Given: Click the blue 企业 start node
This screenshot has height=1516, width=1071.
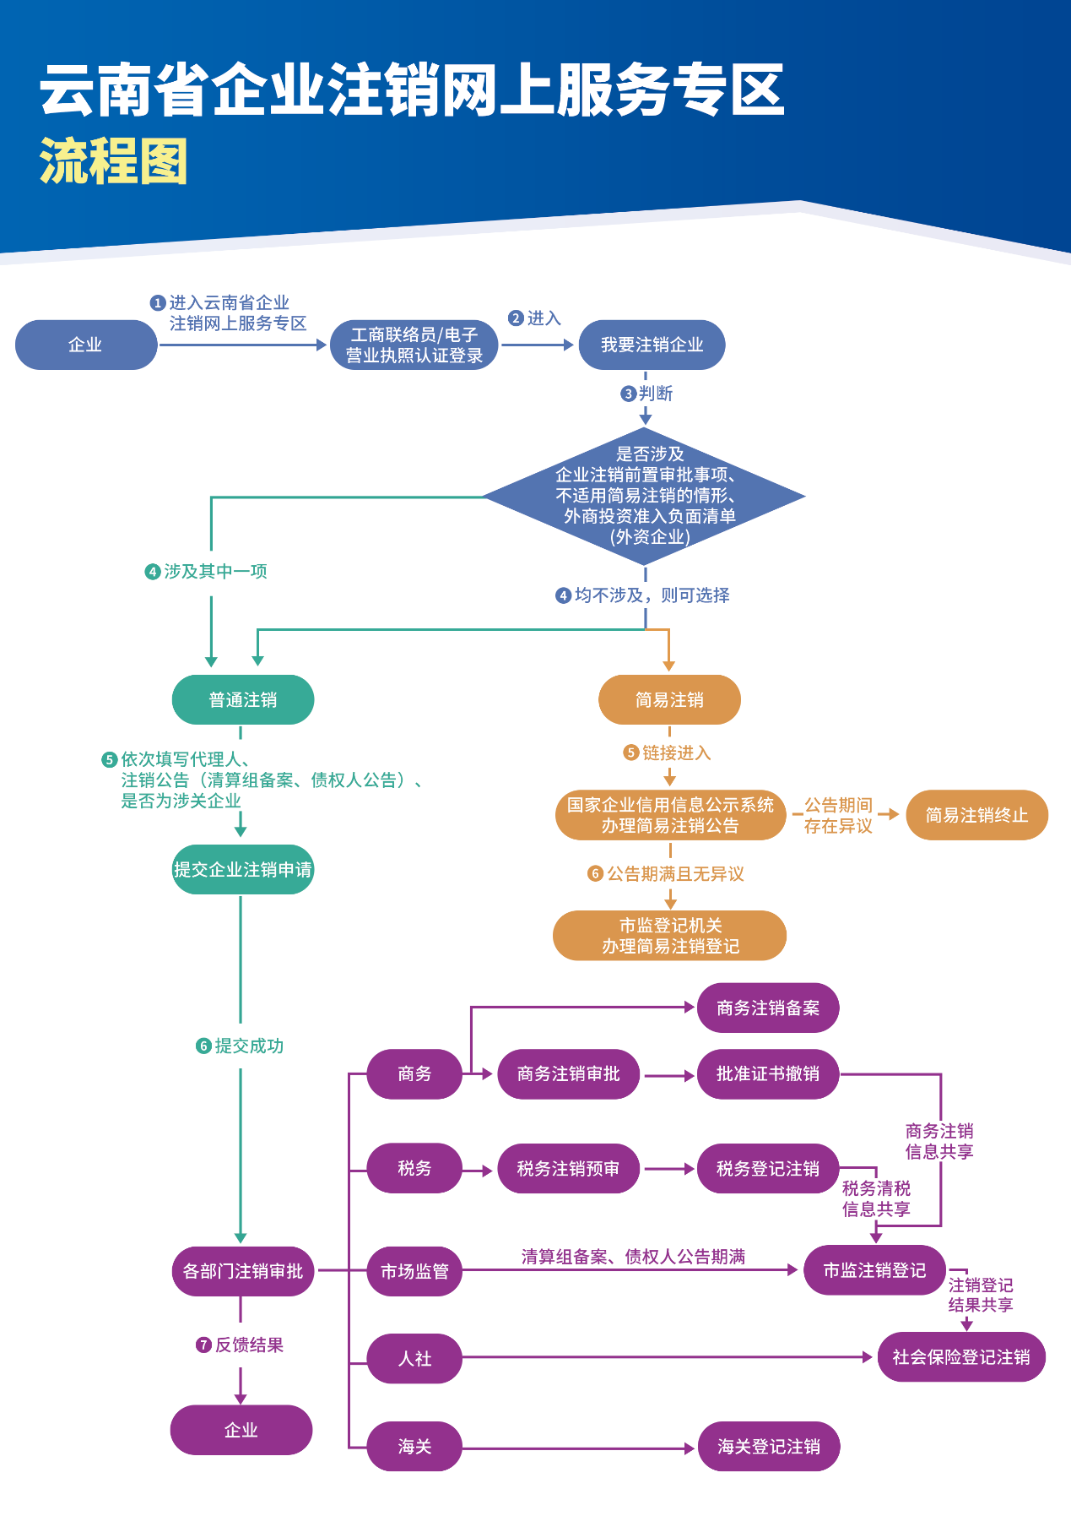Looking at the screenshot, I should click(x=86, y=345).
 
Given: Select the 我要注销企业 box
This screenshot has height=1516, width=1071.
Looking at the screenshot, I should click(x=652, y=345).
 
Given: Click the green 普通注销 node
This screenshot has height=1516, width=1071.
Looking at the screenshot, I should click(x=243, y=699).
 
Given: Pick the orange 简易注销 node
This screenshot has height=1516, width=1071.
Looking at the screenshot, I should click(x=669, y=699).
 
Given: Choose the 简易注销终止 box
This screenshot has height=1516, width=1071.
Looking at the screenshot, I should click(x=976, y=815).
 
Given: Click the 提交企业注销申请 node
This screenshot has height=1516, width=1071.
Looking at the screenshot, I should click(x=243, y=869).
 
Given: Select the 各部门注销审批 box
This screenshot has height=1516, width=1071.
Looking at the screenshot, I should click(x=243, y=1270).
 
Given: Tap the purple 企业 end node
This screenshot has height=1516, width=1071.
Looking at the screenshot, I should click(x=241, y=1429).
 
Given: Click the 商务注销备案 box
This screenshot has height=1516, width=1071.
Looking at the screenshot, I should click(x=768, y=1008).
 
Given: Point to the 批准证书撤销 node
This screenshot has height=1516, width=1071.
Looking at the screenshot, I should click(x=768, y=1073).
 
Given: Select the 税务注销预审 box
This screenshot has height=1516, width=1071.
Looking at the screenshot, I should click(x=568, y=1168).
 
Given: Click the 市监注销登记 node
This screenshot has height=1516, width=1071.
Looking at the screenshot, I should click(x=874, y=1269).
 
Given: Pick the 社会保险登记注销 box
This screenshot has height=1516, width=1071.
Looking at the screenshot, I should click(x=961, y=1356).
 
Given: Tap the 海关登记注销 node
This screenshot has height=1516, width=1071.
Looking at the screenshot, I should click(x=769, y=1446).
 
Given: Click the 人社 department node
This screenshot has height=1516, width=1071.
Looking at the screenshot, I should click(x=414, y=1358).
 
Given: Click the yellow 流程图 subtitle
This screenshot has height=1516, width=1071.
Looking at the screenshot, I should click(x=114, y=160).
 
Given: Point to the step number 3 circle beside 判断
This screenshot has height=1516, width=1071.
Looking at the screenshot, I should click(x=628, y=394).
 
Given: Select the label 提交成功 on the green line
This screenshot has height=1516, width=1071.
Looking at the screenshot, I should click(x=249, y=1046).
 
